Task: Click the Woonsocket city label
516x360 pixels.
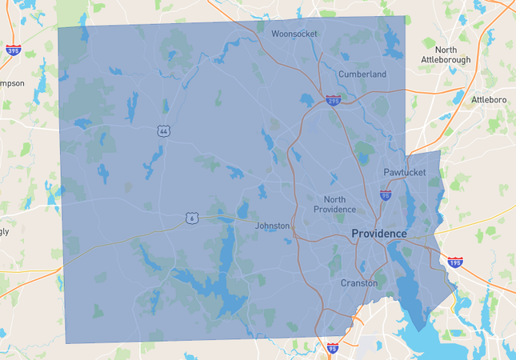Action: (294, 34)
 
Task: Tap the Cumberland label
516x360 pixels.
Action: (362, 74)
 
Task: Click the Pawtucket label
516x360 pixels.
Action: (404, 172)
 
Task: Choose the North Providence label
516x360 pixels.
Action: (334, 203)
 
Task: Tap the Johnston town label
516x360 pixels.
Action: (272, 226)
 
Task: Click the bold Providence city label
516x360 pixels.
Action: (379, 234)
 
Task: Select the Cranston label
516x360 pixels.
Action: (359, 283)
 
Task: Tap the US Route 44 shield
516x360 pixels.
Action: (163, 130)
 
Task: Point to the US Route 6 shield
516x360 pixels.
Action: (190, 218)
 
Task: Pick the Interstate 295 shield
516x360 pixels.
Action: (333, 100)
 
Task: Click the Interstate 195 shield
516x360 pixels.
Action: (454, 262)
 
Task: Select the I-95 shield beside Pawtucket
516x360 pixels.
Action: (386, 194)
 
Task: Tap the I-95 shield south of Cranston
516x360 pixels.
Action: (332, 348)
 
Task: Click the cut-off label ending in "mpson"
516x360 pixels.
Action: (12, 83)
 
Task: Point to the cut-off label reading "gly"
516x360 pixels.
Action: (5, 232)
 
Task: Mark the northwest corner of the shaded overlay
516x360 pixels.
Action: (58, 28)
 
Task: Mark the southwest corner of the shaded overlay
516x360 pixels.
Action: (66, 342)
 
